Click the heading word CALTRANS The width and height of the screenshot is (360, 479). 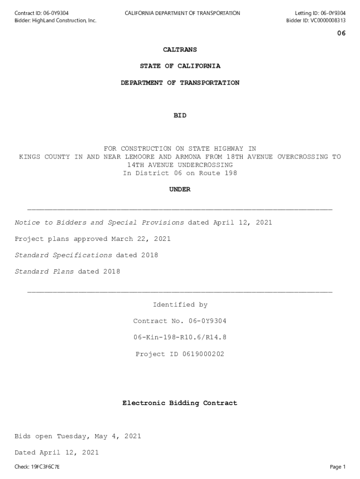pyautogui.click(x=180, y=50)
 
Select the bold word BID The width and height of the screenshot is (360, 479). pyautogui.click(x=180, y=116)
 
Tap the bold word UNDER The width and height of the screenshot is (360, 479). pyautogui.click(x=180, y=189)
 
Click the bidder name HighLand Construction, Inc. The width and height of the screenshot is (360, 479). pyautogui.click(x=64, y=21)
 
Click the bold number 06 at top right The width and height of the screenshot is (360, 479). pyautogui.click(x=341, y=33)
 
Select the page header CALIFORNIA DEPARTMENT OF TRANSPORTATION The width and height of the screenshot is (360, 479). pyautogui.click(x=182, y=13)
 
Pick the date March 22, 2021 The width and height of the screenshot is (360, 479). pyautogui.click(x=141, y=239)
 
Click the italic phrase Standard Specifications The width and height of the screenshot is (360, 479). pyautogui.click(x=63, y=255)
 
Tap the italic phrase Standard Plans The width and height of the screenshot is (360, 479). pyautogui.click(x=44, y=272)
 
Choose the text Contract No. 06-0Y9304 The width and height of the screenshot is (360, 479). pyautogui.click(x=180, y=321)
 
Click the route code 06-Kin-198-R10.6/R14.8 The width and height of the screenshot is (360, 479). pyautogui.click(x=180, y=338)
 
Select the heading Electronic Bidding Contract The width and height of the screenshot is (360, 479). pyautogui.click(x=180, y=403)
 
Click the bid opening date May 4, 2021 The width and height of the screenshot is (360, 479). pyautogui.click(x=117, y=436)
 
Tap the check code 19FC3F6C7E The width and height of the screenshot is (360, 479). pyautogui.click(x=45, y=467)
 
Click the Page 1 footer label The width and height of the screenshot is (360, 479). pyautogui.click(x=338, y=467)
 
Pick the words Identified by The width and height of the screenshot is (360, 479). pyautogui.click(x=180, y=305)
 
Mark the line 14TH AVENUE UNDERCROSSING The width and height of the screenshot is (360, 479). pyautogui.click(x=180, y=165)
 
